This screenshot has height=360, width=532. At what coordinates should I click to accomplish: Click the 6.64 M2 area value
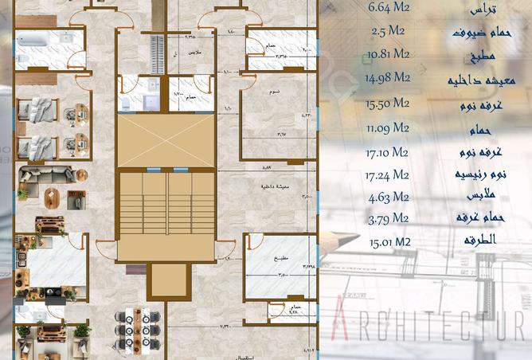[x=389, y=10]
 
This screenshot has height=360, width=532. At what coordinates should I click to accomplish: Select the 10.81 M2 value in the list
[x=389, y=55]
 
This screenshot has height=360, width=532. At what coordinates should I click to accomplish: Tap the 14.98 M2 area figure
[x=388, y=78]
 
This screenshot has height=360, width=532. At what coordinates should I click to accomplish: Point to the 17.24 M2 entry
[x=389, y=174]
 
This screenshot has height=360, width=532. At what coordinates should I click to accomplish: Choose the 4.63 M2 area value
[x=389, y=197]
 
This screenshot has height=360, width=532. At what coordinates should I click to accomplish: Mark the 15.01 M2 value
[x=389, y=242]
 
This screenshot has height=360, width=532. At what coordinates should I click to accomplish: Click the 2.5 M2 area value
[x=389, y=32]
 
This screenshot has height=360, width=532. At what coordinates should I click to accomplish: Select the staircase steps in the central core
[x=166, y=209]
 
